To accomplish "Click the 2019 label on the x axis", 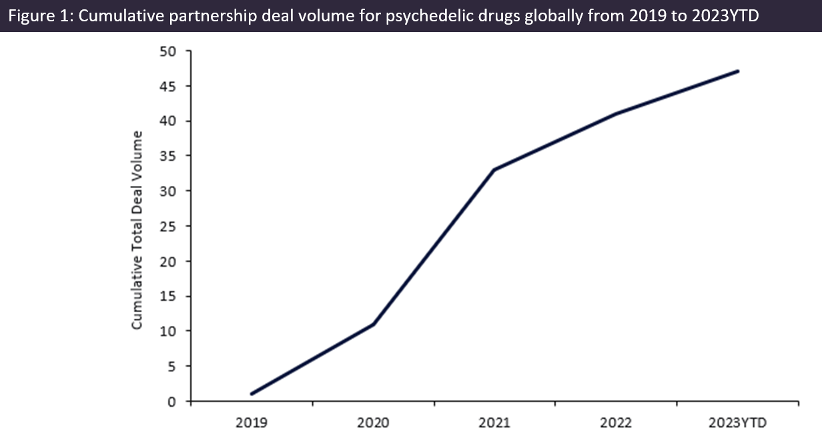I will point(251,423).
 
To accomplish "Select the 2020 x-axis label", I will point(373,423).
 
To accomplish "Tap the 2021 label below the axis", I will point(494,423).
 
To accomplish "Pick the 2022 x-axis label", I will point(616,423).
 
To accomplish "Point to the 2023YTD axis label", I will point(738,423).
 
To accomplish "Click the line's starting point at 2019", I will point(252,394).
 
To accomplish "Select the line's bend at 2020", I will point(373,324).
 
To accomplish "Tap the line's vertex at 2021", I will point(494,169).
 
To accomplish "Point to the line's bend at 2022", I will point(616,113).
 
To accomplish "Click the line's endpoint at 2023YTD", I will point(738,71).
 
